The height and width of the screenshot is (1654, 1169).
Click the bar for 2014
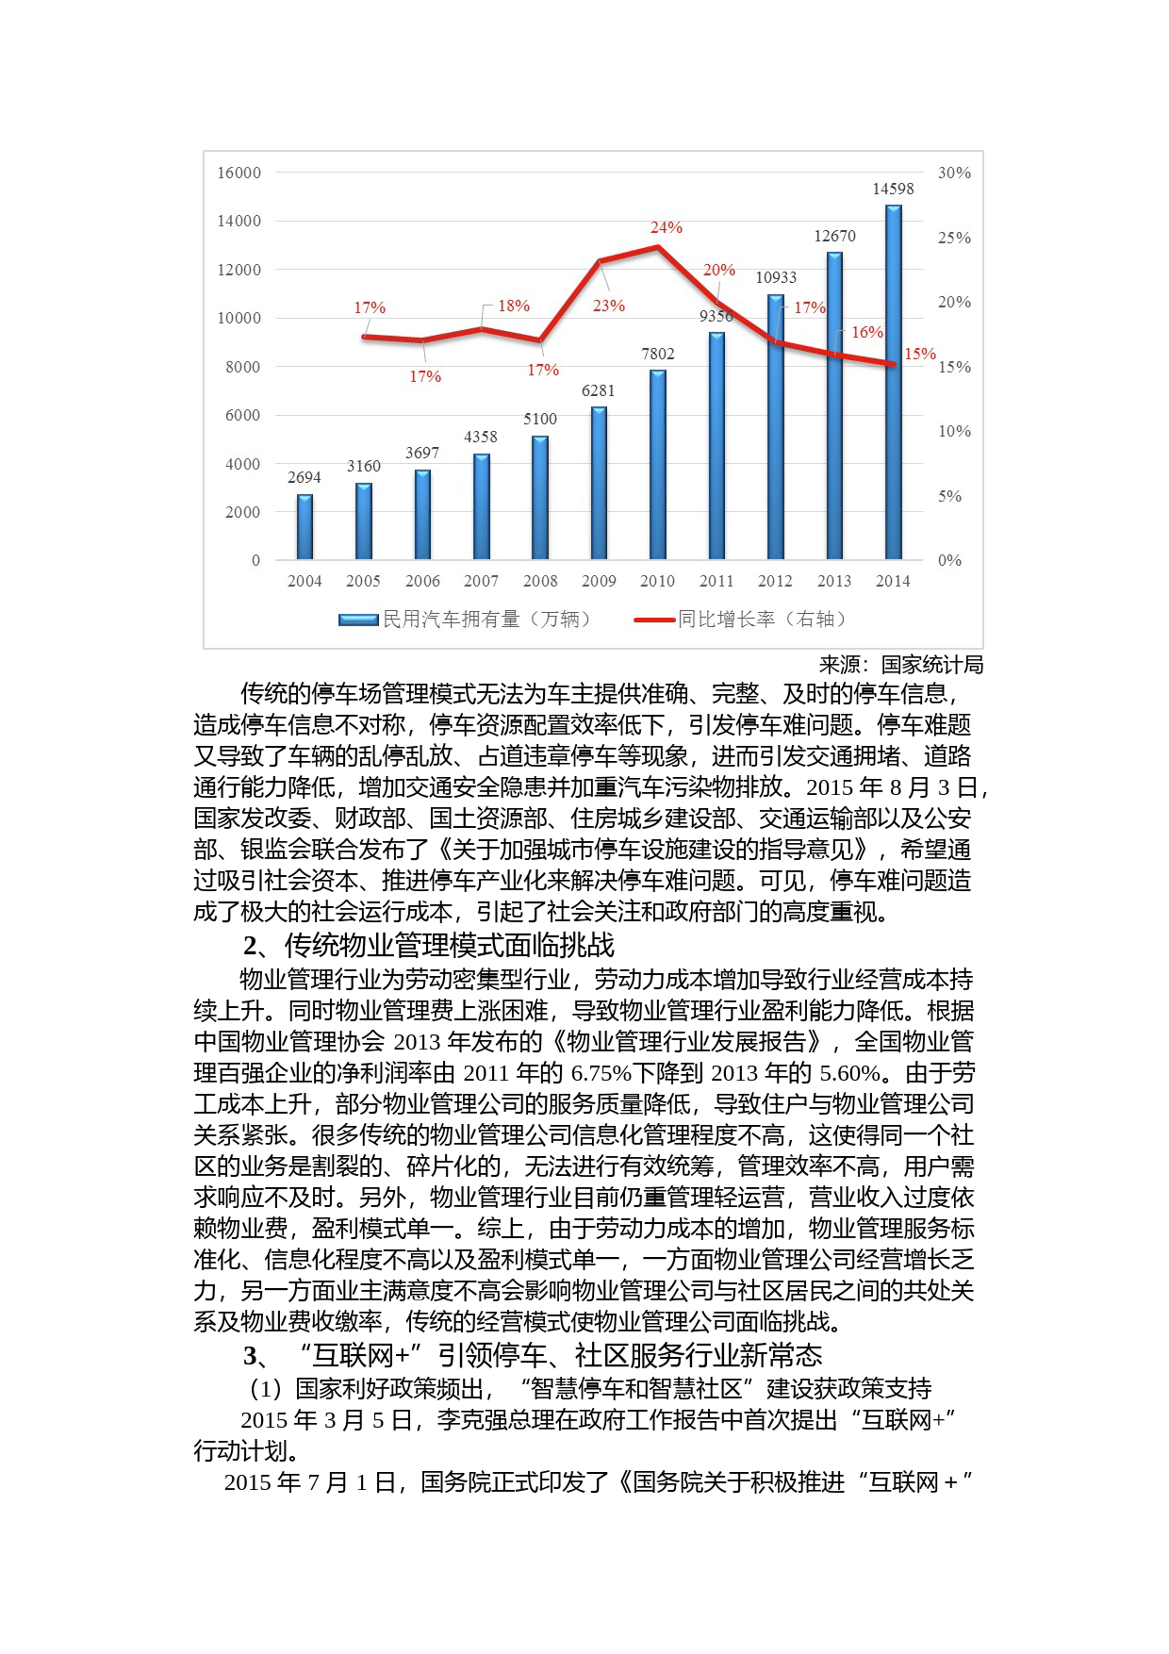tap(893, 382)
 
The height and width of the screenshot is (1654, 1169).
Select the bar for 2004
tap(305, 527)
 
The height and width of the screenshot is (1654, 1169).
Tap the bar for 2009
tap(599, 483)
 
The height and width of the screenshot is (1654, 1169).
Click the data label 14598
tap(893, 190)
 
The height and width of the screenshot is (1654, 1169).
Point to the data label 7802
tap(658, 355)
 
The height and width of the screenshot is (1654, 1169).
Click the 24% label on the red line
tap(667, 228)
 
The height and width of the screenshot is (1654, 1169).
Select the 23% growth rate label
tap(609, 306)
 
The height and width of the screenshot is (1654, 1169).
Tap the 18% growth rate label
tap(514, 306)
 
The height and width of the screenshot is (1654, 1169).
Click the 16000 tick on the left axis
tap(239, 174)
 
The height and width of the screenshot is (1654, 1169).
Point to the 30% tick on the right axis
tap(954, 174)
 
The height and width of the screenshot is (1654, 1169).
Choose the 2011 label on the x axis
tap(716, 582)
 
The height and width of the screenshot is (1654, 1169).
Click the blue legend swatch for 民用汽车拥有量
tap(358, 620)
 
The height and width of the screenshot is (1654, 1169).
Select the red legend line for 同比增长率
tap(654, 620)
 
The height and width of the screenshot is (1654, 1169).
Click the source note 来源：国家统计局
tap(900, 666)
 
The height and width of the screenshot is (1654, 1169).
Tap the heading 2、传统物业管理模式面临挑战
tap(429, 946)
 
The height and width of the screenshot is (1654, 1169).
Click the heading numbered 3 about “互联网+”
tap(533, 1356)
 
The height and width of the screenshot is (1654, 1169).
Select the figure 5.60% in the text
tap(849, 1074)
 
